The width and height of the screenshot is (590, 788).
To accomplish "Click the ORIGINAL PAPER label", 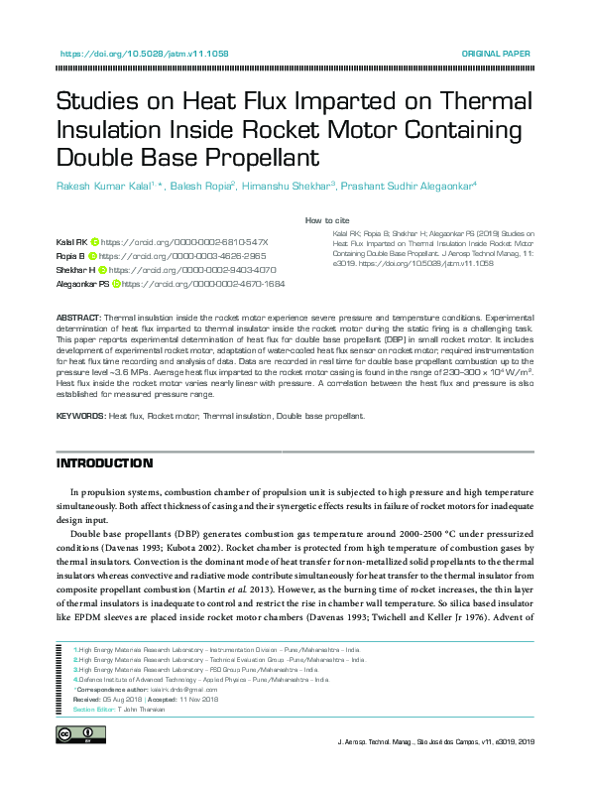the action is click(496, 54).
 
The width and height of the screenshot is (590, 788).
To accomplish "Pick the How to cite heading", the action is click(327, 220).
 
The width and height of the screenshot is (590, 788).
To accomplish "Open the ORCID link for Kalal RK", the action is click(184, 242).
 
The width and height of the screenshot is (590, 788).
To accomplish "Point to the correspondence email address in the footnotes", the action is click(189, 687).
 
